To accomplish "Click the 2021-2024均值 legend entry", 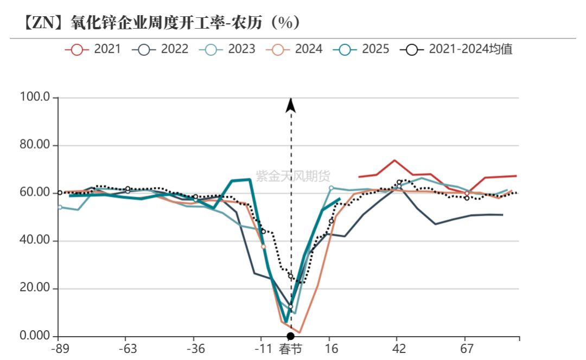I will coord(456,49).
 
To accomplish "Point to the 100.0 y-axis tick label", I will coord(35,98).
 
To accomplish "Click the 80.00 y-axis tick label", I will coord(35,145).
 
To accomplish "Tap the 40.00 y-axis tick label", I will coord(35,241).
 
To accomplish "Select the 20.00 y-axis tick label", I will coord(35,288).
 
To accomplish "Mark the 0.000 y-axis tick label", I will coord(35,336).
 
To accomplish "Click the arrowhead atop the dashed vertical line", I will coord(291,105).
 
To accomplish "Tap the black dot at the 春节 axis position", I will coord(291,337).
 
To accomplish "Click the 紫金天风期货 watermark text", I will coord(293,176).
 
